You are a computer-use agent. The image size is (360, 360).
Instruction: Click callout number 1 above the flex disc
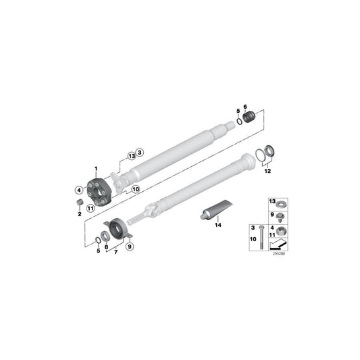pyautogui.click(x=96, y=168)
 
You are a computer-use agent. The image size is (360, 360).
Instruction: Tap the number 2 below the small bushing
pyautogui.click(x=80, y=213)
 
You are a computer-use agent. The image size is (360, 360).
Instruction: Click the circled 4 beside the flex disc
pyautogui.click(x=79, y=190)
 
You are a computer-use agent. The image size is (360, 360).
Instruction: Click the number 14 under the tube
pyautogui.click(x=218, y=227)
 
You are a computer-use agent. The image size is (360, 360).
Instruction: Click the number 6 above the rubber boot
pyautogui.click(x=246, y=106)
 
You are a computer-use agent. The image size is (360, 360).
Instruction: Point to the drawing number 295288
pyautogui.click(x=278, y=254)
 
